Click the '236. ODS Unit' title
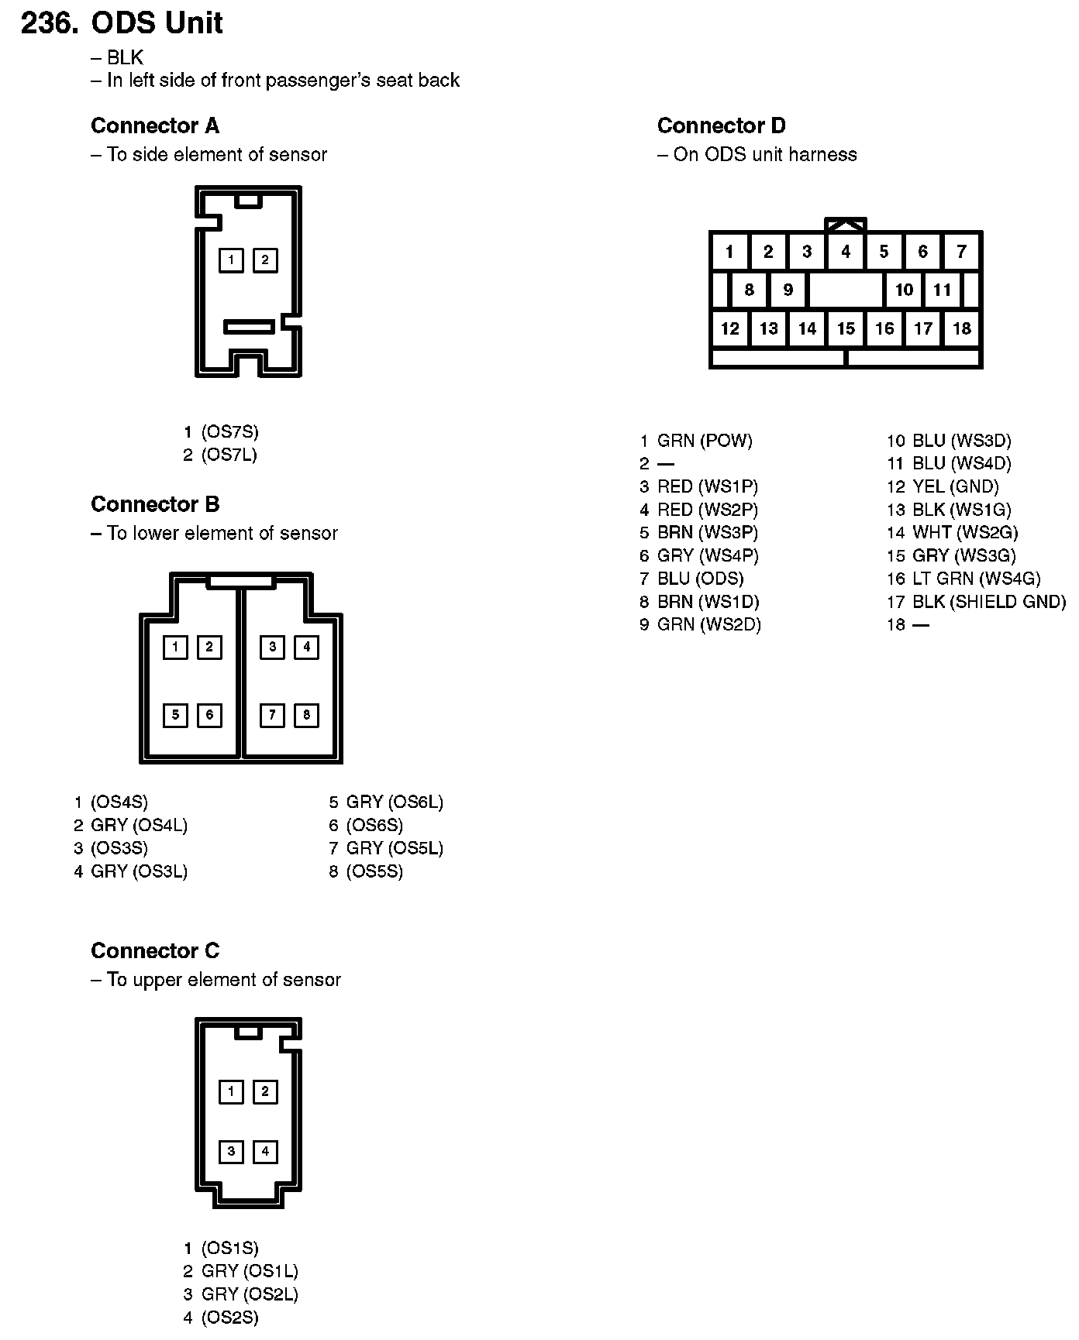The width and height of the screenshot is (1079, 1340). [x=122, y=23]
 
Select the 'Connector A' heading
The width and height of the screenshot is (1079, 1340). [x=155, y=125]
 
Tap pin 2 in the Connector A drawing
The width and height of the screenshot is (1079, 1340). [x=265, y=260]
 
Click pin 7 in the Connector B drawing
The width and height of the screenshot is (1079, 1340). [x=272, y=715]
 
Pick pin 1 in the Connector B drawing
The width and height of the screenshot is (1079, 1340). [x=175, y=647]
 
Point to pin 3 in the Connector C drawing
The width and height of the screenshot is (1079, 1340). [x=231, y=1152]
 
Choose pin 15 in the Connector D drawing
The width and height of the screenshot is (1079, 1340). [x=846, y=328]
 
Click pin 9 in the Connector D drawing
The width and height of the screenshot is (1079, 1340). [x=788, y=290]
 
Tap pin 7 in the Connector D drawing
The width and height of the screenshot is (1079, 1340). [x=961, y=251]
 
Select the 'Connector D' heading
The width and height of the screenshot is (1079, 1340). [x=721, y=125]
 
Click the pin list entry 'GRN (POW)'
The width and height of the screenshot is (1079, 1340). [x=704, y=441]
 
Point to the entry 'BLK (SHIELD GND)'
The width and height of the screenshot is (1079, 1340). [x=988, y=602]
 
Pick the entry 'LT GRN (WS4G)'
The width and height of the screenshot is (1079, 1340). [x=976, y=579]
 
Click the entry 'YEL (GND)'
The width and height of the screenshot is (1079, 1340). [x=955, y=486]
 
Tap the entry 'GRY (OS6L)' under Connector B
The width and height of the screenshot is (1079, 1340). [x=394, y=802]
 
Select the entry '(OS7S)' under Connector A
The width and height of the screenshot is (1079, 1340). [x=229, y=431]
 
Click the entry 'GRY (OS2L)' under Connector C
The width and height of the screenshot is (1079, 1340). [x=249, y=1294]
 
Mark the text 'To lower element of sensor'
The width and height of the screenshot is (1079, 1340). [x=222, y=533]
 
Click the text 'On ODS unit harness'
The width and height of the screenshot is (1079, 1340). [x=764, y=154]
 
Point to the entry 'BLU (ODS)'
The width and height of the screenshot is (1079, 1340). [x=700, y=579]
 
